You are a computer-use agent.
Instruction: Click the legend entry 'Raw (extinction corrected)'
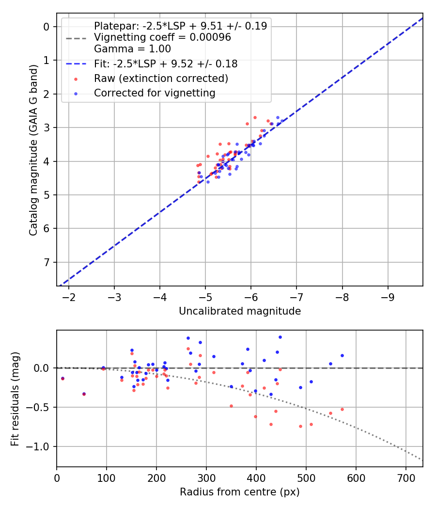coord(161,78)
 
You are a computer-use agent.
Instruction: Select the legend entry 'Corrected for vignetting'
coord(155,93)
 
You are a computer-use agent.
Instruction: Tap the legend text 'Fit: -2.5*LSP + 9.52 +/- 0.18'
coord(165,64)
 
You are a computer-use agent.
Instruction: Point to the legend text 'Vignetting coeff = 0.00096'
coord(162,37)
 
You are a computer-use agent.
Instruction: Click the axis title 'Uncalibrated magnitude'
coord(240,311)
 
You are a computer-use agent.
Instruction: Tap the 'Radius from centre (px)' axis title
coord(240,492)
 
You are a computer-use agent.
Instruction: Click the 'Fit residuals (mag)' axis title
coord(16,398)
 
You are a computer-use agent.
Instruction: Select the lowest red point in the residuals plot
coord(300,426)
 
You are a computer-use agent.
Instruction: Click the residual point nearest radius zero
coord(62,378)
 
